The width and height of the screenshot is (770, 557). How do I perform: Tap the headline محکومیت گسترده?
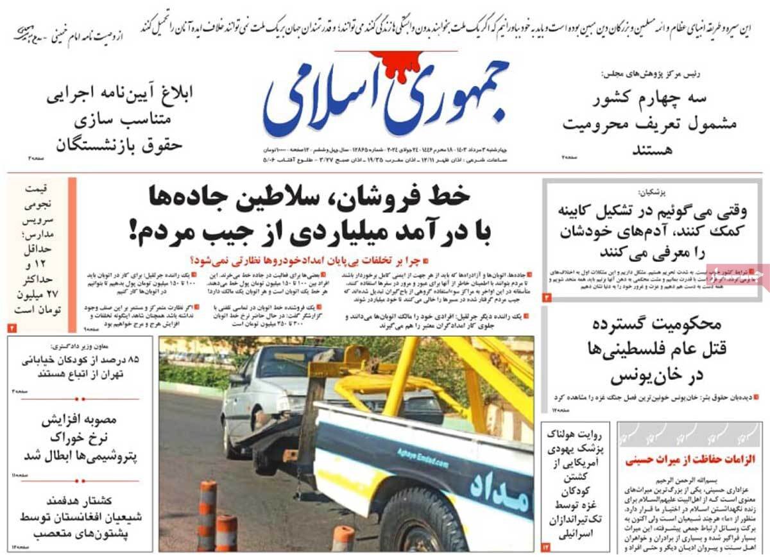pos(653,325)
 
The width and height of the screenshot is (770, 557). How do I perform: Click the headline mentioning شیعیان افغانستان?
pos(80,517)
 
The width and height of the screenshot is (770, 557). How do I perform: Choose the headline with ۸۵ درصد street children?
pos(80,365)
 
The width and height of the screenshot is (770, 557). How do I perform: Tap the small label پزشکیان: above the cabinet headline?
pos(653,193)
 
